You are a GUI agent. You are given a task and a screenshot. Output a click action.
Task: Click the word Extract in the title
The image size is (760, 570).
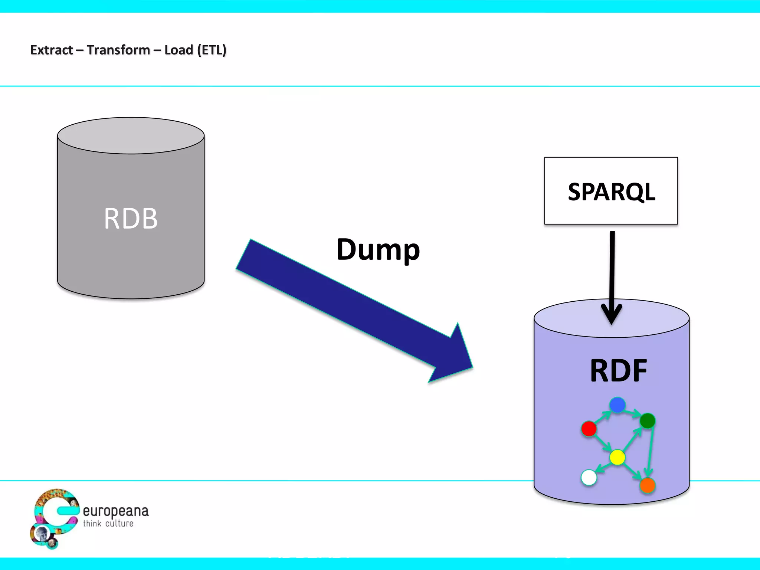52,50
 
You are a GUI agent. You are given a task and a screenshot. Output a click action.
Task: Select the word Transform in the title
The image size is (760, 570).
118,50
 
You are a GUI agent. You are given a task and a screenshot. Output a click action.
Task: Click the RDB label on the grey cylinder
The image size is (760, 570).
131,219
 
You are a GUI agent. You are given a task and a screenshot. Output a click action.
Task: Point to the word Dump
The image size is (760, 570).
378,250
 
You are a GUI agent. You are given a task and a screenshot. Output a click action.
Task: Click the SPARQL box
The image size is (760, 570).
611,191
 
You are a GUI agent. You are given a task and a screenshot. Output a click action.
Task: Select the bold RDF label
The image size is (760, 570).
618,370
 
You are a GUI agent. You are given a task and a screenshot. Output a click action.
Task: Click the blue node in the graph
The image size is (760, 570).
617,405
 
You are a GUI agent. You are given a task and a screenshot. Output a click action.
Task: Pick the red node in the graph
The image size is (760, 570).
589,429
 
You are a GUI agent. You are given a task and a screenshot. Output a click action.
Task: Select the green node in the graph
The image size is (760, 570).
648,421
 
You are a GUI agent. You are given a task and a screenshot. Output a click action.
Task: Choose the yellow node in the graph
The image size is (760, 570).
617,457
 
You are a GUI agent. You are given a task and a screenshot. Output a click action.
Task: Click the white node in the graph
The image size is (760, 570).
589,478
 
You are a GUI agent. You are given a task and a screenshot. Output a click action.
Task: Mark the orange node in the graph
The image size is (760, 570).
648,485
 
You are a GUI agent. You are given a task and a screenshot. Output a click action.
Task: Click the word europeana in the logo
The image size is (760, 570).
115,511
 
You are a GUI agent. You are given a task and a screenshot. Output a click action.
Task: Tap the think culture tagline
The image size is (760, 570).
108,524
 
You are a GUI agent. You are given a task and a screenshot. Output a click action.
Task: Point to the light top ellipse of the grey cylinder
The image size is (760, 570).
131,135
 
